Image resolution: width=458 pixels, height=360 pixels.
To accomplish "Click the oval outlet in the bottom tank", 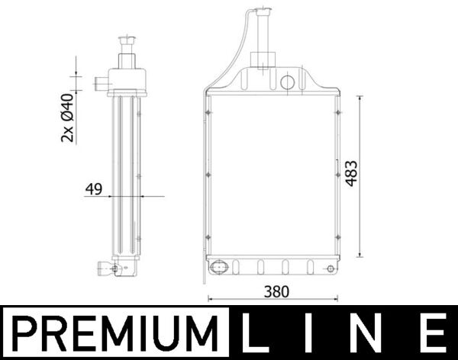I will (218, 268).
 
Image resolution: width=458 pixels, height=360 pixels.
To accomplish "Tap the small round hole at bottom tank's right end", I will (330, 268).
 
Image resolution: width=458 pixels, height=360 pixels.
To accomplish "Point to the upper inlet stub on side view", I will (99, 83).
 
